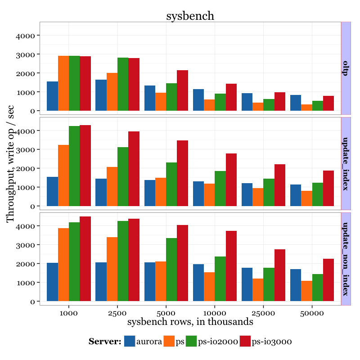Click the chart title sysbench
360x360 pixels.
pyautogui.click(x=190, y=16)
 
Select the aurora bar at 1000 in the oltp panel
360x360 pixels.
pyautogui.click(x=52, y=96)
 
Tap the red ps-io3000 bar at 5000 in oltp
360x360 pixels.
pyautogui.click(x=182, y=90)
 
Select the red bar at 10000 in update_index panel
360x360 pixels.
pyautogui.click(x=231, y=180)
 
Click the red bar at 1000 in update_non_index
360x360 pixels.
pyautogui.click(x=85, y=259)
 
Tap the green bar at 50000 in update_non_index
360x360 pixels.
pyautogui.click(x=318, y=288)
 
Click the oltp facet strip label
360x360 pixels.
pyautogui.click(x=346, y=68)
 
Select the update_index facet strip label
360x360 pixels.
pyautogui.click(x=346, y=163)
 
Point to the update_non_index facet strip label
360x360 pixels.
pyautogui.click(x=346, y=259)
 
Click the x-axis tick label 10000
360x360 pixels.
pyautogui.click(x=215, y=312)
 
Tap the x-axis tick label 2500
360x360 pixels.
pyautogui.click(x=117, y=312)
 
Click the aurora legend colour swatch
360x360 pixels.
pyautogui.click(x=130, y=342)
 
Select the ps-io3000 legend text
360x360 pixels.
pyautogui.click(x=272, y=342)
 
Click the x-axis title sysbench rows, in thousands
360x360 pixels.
pyautogui.click(x=190, y=322)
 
